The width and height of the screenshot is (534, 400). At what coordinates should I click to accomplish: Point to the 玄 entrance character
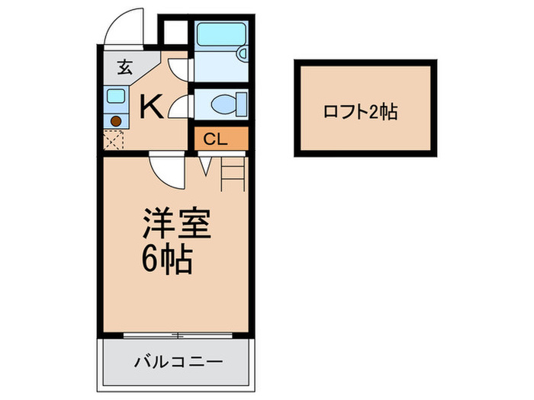click(124, 66)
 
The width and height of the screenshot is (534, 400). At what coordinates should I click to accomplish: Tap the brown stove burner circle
click(115, 120)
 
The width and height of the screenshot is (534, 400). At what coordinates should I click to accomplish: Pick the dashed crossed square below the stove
click(114, 141)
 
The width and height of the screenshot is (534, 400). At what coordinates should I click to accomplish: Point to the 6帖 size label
click(166, 261)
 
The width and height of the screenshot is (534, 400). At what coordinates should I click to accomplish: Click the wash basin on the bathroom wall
click(242, 54)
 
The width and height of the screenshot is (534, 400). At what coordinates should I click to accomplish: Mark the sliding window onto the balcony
click(176, 336)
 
